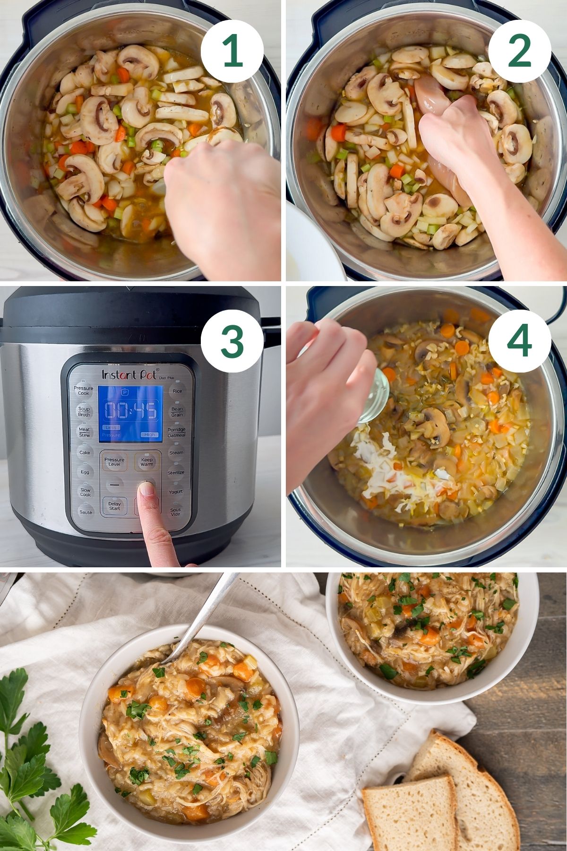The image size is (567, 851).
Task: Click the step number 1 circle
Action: click(232, 52)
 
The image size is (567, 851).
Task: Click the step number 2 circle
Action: click(519, 52)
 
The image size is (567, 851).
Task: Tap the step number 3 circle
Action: click(232, 341)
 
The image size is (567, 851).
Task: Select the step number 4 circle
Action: click(519, 341)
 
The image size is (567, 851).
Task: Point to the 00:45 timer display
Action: click(130, 410)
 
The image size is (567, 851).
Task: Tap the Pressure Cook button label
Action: click(84, 391)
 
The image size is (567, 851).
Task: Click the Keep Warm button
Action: click(146, 462)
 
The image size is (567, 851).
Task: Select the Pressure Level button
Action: click(114, 462)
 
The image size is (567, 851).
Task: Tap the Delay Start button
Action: click(114, 506)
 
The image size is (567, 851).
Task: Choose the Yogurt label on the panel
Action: click(176, 492)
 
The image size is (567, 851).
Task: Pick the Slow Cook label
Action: click(85, 492)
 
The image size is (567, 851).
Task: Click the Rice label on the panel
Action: click(177, 391)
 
